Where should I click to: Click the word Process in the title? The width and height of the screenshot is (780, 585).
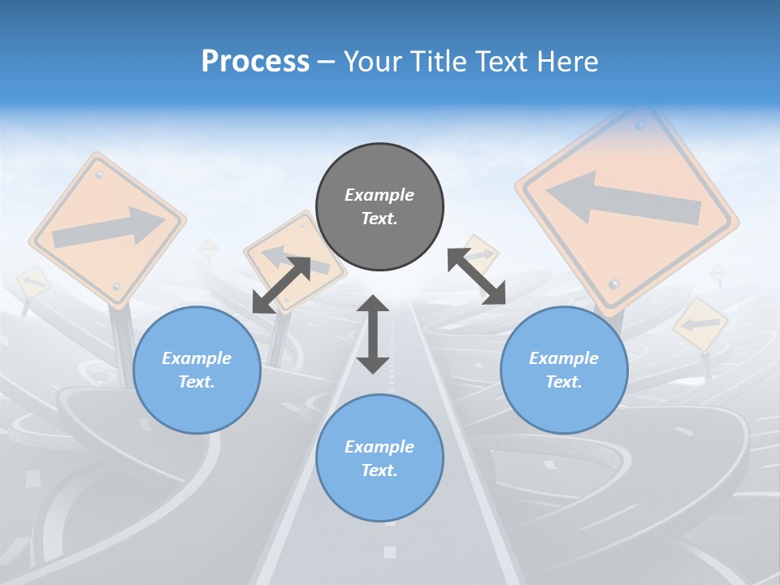point(255,61)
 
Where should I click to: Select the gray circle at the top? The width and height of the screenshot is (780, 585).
point(379,207)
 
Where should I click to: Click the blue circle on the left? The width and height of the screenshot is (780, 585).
point(197,370)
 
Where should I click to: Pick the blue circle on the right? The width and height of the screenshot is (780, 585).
point(564,370)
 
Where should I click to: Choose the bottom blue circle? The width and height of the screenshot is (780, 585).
point(379,458)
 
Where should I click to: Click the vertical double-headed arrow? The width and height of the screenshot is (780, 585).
point(373,334)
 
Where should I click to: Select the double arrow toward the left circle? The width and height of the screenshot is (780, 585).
point(281,284)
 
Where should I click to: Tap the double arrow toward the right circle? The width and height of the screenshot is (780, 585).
point(477,276)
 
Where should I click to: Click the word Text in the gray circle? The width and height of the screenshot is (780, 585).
point(379,219)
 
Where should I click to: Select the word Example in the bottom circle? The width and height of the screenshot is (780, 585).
point(379,447)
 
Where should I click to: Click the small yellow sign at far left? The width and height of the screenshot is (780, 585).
point(32,281)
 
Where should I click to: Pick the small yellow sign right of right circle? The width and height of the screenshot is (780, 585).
point(700,324)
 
